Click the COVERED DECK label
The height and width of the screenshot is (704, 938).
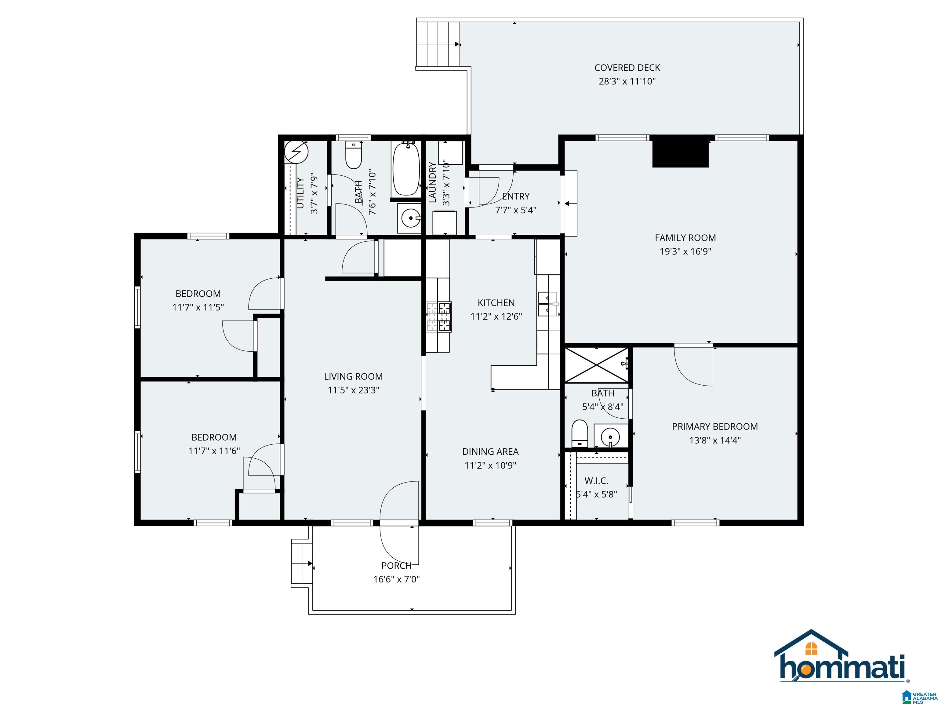click(627, 68)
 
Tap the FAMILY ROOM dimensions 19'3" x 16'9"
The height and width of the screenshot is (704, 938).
click(685, 251)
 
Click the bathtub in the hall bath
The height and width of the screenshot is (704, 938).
click(406, 169)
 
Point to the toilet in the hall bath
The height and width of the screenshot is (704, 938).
click(353, 155)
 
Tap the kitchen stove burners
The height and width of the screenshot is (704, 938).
click(439, 316)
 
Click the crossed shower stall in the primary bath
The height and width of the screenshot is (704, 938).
click(597, 365)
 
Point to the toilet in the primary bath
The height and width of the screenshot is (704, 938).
click(579, 433)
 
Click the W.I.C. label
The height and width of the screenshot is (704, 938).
click(596, 481)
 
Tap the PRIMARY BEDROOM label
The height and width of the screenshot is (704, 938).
click(715, 427)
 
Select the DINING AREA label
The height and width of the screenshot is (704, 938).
click(491, 452)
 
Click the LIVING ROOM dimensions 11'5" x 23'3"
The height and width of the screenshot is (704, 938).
click(353, 390)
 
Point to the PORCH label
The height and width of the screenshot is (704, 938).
click(397, 566)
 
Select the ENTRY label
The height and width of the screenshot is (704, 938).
click(516, 196)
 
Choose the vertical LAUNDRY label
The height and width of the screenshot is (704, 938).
click(433, 182)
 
